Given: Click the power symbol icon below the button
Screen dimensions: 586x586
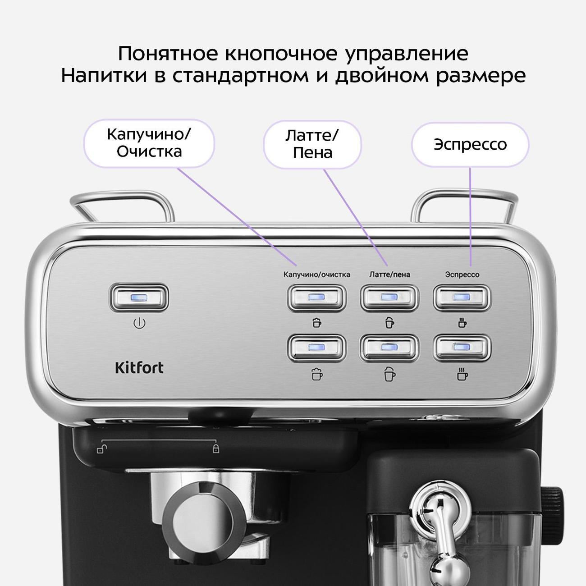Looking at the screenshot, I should (139, 324).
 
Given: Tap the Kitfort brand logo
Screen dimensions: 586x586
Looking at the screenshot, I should (139, 368).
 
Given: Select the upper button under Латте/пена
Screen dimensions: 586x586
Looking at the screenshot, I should (389, 298).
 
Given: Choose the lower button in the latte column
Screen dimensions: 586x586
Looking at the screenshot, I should (389, 348).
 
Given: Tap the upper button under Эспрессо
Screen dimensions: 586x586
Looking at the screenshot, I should (462, 298).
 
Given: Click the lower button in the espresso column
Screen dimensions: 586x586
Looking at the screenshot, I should (462, 348).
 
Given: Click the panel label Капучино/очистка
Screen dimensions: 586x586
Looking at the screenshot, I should (316, 274).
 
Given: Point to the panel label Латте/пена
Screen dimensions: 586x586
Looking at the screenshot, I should (389, 274).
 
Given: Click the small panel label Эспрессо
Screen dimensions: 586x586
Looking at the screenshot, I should (462, 274).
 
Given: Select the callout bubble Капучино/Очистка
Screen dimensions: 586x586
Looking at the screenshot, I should (149, 143).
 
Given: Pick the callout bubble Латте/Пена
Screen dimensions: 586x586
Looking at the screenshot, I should (312, 144).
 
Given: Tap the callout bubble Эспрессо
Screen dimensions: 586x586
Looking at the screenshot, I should (470, 145).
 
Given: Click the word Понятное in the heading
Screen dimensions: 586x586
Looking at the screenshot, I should (167, 53).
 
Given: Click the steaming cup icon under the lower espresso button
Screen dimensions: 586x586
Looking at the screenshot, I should (462, 374).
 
